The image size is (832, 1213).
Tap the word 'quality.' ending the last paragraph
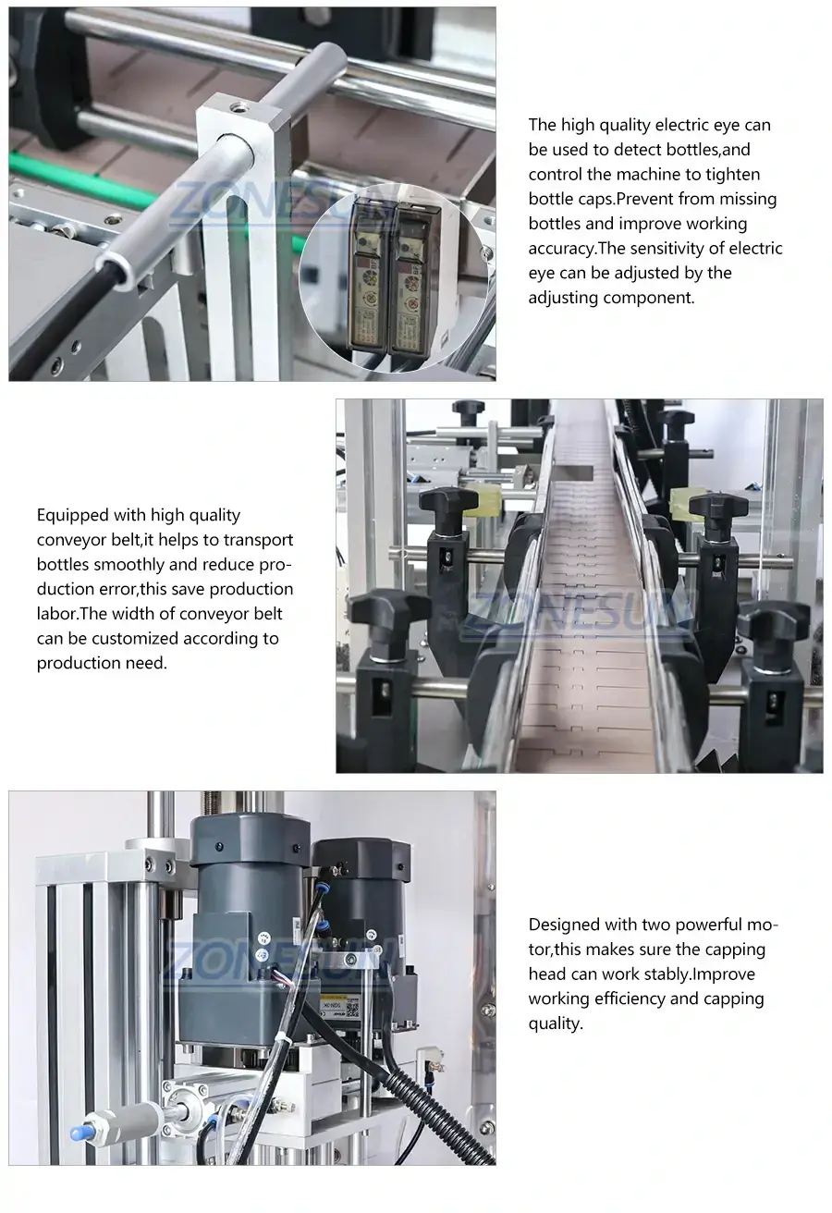click(556, 1023)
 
